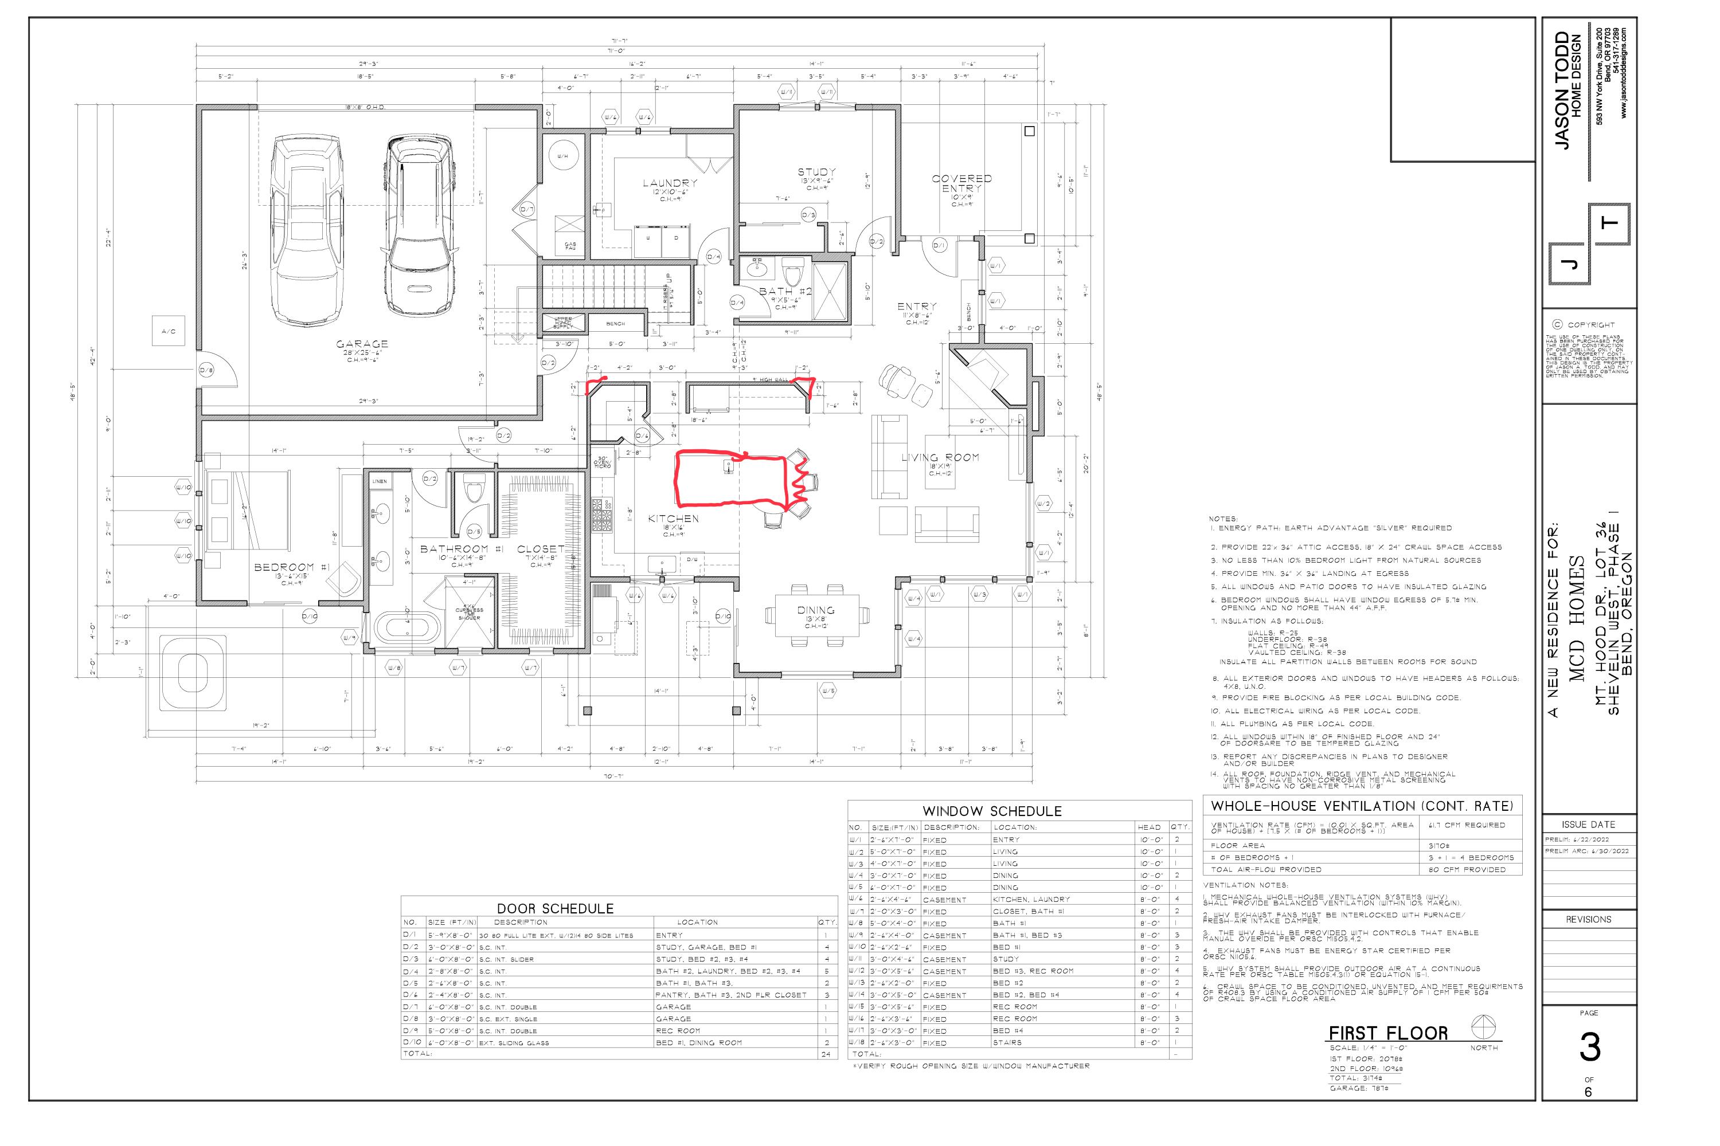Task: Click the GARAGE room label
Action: click(362, 343)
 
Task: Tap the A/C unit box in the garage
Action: click(168, 331)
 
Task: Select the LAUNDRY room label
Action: click(669, 183)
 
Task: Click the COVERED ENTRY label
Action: click(961, 183)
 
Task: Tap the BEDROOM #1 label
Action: click(284, 567)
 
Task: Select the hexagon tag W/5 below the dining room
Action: click(827, 690)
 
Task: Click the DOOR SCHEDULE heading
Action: click(555, 908)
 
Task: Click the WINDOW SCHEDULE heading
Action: click(992, 811)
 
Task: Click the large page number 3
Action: click(1590, 1048)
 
